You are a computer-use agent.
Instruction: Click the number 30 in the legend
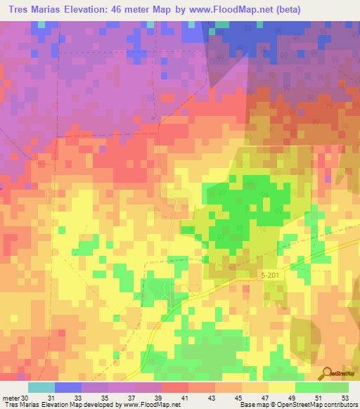(26, 397)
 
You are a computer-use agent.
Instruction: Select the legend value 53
(344, 397)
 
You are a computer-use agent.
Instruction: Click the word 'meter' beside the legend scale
(11, 397)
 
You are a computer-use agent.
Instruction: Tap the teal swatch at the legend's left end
(41, 387)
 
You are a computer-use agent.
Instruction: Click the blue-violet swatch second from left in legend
(67, 387)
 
